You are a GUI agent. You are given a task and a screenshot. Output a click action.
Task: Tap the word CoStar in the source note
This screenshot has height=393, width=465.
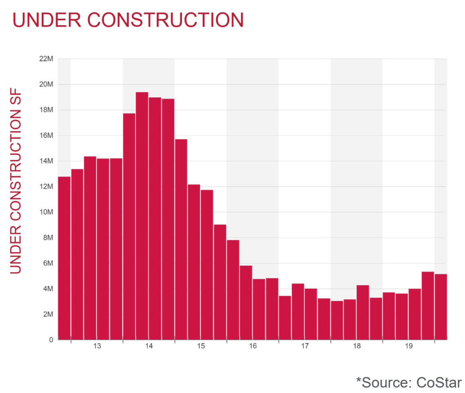[x=439, y=382]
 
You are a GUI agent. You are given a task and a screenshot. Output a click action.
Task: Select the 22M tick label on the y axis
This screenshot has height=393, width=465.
[x=46, y=59]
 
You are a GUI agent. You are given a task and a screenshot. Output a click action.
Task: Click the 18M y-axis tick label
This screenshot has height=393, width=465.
[x=46, y=110]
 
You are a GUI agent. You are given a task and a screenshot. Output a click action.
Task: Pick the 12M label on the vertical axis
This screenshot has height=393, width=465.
[x=46, y=187]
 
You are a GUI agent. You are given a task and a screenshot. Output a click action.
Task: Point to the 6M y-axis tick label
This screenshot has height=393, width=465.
[x=47, y=263]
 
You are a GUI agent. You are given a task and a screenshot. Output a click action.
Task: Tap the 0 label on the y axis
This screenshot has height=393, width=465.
[x=51, y=340]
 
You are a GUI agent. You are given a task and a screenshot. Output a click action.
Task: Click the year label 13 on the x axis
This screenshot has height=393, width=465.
[x=97, y=346]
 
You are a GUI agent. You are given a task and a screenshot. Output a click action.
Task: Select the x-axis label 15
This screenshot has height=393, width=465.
[x=201, y=346]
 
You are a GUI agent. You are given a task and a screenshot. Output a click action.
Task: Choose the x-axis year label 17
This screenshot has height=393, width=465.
[x=304, y=346]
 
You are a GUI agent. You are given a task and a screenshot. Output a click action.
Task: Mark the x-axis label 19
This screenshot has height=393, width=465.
[x=409, y=346]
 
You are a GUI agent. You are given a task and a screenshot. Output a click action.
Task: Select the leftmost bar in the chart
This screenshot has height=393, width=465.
[x=64, y=258]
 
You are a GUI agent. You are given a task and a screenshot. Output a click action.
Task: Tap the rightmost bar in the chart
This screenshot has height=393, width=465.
[x=441, y=307]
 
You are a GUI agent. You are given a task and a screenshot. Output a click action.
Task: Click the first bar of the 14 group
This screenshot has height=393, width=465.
[x=129, y=226]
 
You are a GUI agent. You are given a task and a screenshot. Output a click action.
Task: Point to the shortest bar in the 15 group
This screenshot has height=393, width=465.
[x=220, y=282]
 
